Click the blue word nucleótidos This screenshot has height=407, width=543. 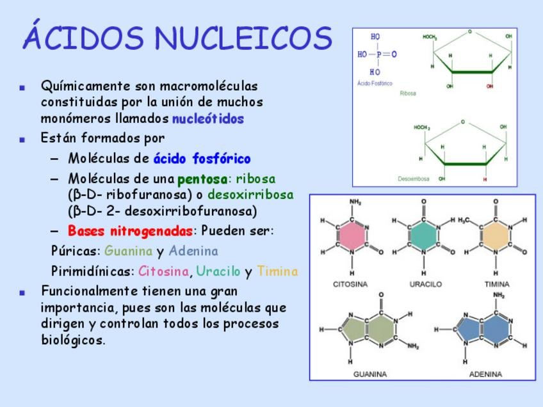[x=208, y=119]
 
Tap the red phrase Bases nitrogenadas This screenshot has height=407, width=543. [x=130, y=230]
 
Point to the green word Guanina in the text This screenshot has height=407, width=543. [x=129, y=251]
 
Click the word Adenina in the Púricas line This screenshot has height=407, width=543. [x=193, y=251]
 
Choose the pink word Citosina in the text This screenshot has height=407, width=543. [x=164, y=271]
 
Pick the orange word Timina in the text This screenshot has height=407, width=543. [x=277, y=271]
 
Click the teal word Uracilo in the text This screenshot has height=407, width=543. [x=218, y=271]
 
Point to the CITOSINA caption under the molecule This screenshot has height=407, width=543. [x=351, y=284]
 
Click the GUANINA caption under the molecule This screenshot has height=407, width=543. [x=370, y=374]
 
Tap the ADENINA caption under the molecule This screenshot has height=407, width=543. [x=485, y=374]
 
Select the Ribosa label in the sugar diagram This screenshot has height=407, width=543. [x=408, y=93]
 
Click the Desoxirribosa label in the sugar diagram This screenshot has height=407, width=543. [x=413, y=179]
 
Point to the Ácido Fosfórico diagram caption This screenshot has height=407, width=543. [x=375, y=84]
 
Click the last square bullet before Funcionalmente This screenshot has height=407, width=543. [x=23, y=292]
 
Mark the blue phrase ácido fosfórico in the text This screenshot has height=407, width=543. [x=202, y=159]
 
